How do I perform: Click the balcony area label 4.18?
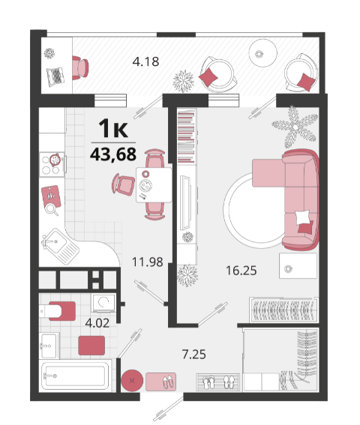coord(145,61)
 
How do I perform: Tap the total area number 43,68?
coord(113,154)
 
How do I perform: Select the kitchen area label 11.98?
coord(147,262)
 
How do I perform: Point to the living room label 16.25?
coord(241,271)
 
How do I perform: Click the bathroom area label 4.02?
coord(97,323)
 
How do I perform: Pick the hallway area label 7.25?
coord(194,355)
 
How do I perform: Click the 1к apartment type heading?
coord(113,128)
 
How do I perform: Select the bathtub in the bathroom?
coord(76,376)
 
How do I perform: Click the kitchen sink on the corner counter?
coord(60,247)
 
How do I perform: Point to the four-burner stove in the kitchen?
coord(52,164)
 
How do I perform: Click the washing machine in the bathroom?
coord(103,303)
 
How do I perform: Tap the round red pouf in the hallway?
coord(132,381)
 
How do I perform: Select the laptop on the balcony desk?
coord(56,76)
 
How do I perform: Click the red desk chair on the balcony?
coord(80,67)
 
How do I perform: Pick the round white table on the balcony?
coord(263,53)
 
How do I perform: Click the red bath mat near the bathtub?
coord(91,346)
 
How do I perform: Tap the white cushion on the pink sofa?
coord(302,217)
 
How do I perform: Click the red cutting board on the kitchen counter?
coord(51,196)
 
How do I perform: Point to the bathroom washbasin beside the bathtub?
coord(49,346)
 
